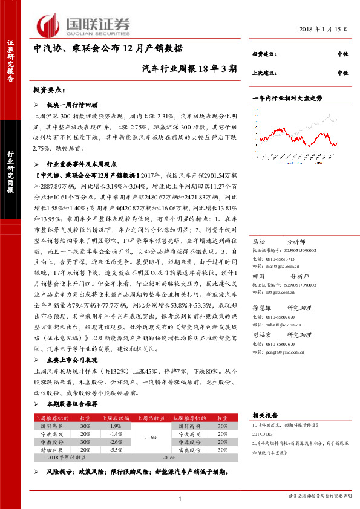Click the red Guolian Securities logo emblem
(x=48, y=24)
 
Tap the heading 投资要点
(x=50, y=90)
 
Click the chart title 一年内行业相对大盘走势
(x=287, y=97)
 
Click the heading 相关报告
(x=263, y=415)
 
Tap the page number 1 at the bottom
(x=180, y=497)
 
